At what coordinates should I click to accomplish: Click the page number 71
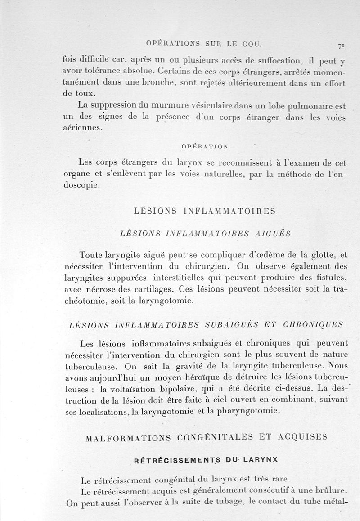(x=342, y=45)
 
